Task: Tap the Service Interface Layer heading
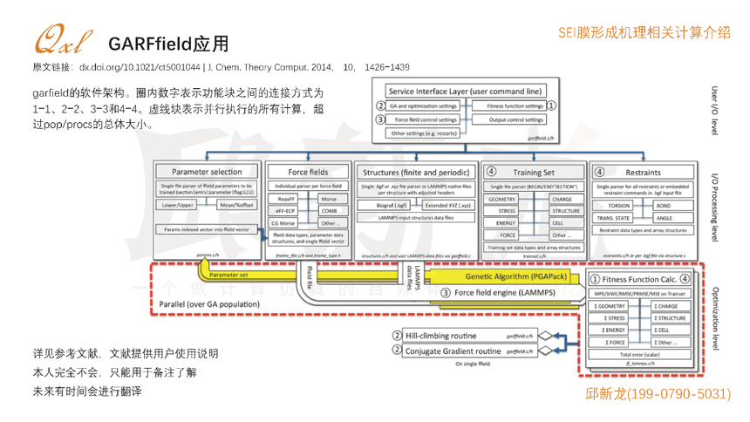(x=465, y=91)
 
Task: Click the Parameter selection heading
(x=207, y=172)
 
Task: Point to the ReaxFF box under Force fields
(x=286, y=199)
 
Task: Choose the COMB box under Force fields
(x=329, y=210)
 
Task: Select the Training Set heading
(x=534, y=172)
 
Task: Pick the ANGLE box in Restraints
(x=664, y=218)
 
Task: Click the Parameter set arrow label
(x=228, y=275)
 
